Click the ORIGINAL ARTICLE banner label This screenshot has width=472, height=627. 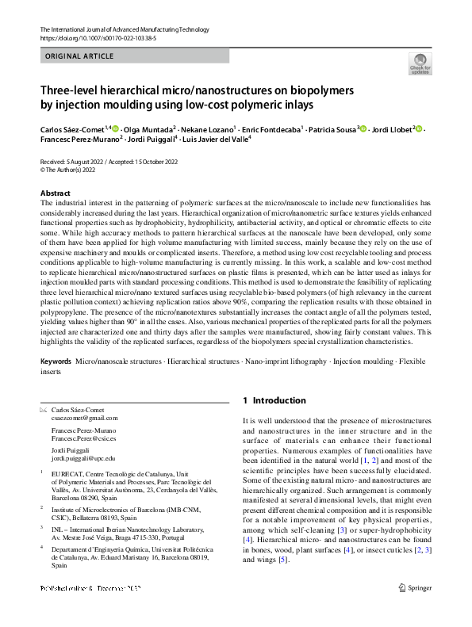coord(79,56)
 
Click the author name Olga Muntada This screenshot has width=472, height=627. coord(147,129)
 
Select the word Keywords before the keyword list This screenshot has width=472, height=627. coord(56,361)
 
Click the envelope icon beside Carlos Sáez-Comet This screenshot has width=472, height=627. coord(43,410)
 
